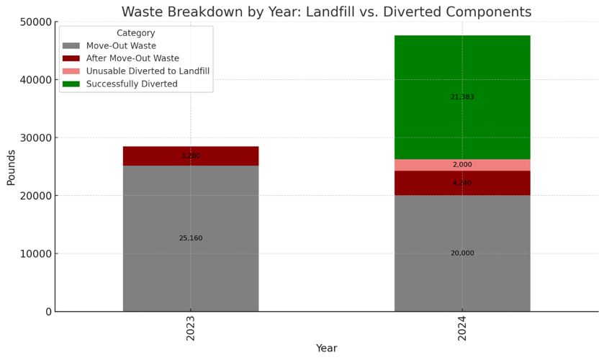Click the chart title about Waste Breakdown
coord(326,12)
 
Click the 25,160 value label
coord(191,238)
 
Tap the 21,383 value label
coord(462,97)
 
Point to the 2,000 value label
coord(462,165)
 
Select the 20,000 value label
coord(462,253)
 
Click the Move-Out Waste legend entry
coord(121,46)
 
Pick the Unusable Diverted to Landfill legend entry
coord(148,71)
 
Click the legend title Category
coord(135,33)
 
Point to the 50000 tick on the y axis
coord(34,22)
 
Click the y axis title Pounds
coord(11,167)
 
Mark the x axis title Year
coord(326,348)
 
